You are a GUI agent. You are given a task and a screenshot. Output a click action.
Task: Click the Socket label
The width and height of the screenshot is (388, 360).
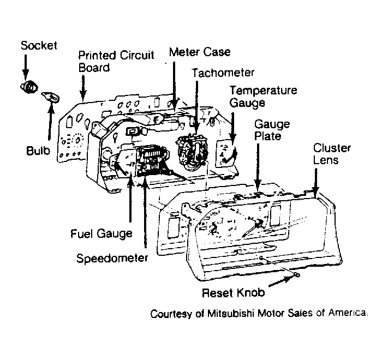39,45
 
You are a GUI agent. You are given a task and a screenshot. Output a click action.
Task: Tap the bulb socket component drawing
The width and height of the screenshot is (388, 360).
29,87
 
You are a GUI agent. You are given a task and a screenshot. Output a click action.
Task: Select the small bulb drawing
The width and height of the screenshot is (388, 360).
51,97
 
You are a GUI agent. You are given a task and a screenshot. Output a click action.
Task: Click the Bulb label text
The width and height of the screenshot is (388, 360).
38,151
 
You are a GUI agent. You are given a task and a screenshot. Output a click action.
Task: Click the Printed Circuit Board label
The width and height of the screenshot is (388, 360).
116,61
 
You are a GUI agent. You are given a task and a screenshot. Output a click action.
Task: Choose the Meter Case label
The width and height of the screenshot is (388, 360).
200,52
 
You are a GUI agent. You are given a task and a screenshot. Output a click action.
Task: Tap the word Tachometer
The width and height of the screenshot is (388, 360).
223,73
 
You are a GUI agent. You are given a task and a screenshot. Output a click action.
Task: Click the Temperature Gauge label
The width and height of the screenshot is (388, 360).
263,97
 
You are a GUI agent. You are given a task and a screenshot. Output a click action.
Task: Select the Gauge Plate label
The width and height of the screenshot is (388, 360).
272,130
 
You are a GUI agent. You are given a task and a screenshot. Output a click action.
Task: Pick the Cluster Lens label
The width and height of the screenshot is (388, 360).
332,154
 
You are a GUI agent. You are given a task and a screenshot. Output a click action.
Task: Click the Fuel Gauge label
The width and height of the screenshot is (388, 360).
102,234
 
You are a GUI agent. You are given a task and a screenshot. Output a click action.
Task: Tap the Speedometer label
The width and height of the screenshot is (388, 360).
112,259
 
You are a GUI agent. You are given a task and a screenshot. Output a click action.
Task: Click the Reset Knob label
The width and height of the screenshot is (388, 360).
234,293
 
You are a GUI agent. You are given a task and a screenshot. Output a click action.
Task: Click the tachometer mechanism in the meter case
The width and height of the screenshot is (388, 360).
192,151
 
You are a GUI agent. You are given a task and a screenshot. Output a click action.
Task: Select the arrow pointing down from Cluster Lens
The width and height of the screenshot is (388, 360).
315,183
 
